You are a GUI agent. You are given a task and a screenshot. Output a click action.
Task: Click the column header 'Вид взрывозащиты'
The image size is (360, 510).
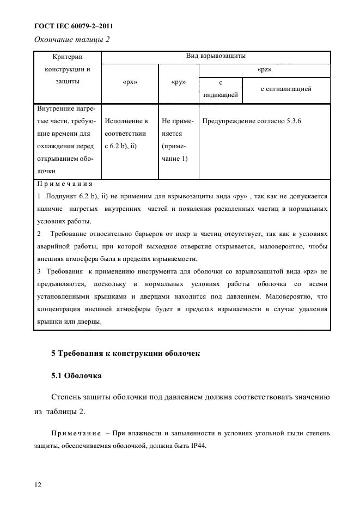(x=216, y=56)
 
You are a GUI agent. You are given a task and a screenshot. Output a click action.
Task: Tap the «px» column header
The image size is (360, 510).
(x=130, y=83)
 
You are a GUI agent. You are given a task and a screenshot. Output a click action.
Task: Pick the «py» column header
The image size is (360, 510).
(x=178, y=83)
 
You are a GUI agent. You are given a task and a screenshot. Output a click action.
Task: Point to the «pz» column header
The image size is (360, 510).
(x=264, y=70)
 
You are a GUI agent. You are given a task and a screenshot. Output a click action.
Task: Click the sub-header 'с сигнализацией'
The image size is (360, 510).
(x=286, y=88)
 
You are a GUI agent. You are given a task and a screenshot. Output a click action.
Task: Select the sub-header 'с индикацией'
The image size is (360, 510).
(x=220, y=88)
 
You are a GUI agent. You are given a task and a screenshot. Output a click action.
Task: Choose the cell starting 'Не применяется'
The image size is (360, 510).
(x=175, y=139)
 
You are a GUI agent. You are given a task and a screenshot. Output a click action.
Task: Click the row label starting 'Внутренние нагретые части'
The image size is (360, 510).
(x=65, y=139)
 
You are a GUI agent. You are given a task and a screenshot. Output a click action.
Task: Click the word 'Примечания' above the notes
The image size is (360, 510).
(x=58, y=184)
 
